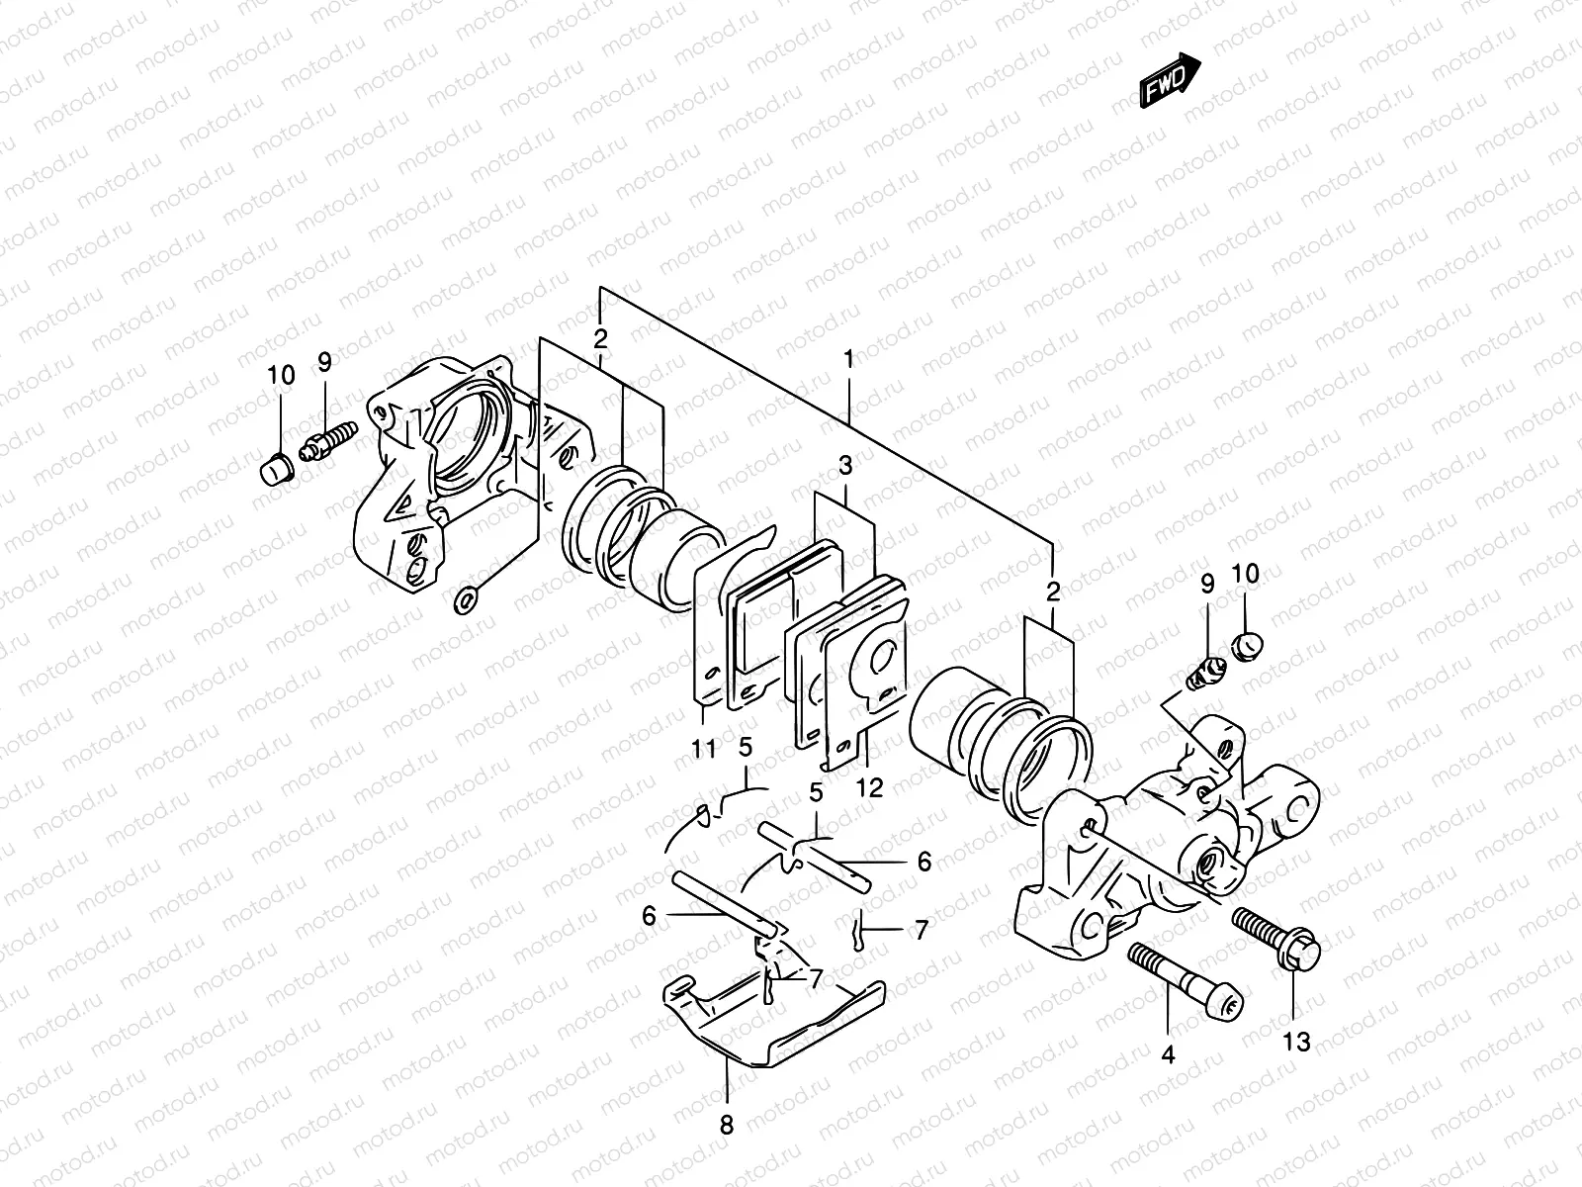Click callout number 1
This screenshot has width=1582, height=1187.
pos(848,361)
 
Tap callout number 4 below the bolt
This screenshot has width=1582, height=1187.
pos(1168,1054)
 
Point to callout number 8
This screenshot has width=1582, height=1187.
pos(727,1124)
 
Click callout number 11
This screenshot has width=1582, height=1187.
pos(703,749)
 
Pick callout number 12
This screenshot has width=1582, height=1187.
pos(871,788)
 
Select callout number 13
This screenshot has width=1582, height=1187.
pos(1296,1041)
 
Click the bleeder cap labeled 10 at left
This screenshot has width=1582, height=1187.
pos(275,468)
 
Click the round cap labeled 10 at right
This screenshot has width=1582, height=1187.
pos(1247,647)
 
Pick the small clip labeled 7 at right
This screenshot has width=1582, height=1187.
pos(858,932)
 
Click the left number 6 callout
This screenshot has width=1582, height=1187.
pos(649,916)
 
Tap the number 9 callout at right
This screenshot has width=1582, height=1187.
pos(1207,585)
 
